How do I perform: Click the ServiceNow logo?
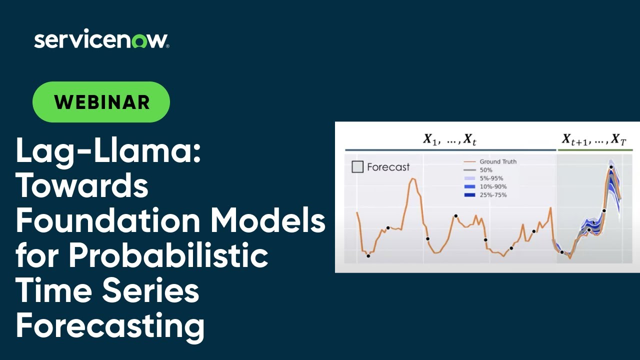pos(101,40)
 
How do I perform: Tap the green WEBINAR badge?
pos(101,102)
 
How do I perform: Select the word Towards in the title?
pos(82,186)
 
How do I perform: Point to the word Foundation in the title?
pos(108,220)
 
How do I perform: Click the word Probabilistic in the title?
pos(168,255)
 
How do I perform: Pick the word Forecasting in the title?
pos(110,325)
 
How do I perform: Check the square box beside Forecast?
pos(357,167)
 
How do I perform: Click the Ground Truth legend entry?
pos(497,161)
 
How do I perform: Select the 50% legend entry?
pos(485,170)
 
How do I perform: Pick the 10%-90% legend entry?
pos(492,186)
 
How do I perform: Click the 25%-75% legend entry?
pos(492,195)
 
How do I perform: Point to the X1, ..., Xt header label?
pos(449,139)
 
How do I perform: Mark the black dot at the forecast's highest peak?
pos(611,167)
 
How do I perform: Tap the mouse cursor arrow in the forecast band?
pos(593,223)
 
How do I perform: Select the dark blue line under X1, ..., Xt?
pos(450,149)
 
